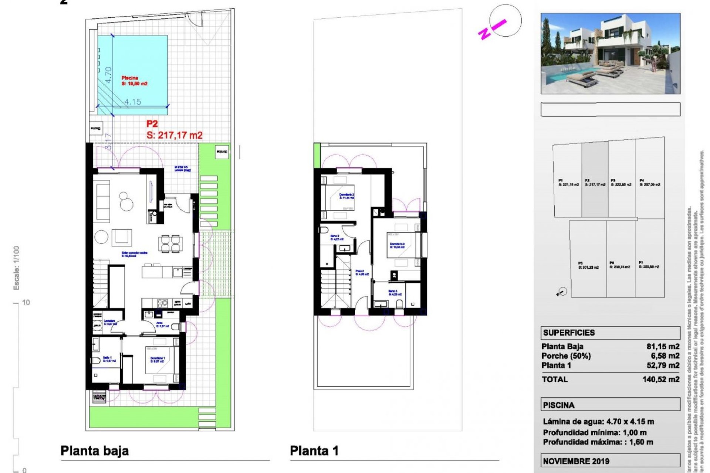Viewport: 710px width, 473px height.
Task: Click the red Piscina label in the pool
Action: (x=130, y=78)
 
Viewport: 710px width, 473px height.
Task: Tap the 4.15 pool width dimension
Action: (x=132, y=102)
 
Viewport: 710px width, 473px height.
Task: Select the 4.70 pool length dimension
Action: (x=108, y=75)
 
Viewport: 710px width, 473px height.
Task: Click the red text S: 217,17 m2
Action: (x=175, y=135)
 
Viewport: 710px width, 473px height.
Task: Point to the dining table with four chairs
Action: (x=170, y=244)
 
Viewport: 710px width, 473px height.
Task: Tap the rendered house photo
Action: (x=610, y=54)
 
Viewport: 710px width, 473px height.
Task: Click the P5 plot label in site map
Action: (x=588, y=265)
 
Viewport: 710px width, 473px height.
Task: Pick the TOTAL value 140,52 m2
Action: (x=661, y=379)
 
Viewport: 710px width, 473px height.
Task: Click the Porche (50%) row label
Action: (x=566, y=356)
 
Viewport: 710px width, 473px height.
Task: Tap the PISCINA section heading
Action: (x=558, y=405)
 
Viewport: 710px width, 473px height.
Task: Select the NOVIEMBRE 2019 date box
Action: (x=610, y=461)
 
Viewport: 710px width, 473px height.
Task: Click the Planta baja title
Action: (x=95, y=451)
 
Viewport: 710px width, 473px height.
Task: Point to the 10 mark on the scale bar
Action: (x=26, y=302)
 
